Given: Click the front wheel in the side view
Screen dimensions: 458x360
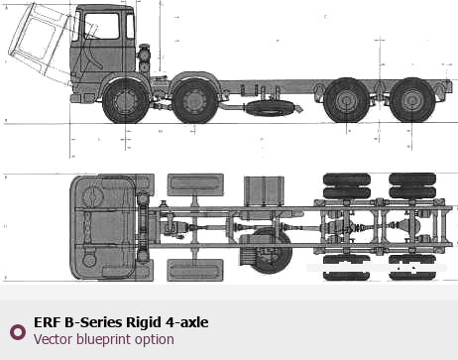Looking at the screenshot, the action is (126, 100).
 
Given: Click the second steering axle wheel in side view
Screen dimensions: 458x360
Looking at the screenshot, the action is (195, 100).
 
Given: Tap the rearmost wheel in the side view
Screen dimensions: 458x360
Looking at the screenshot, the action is (412, 100).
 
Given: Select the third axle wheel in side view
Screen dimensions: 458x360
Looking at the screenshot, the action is (346, 100).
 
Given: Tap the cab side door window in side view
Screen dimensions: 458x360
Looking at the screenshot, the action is (101, 26).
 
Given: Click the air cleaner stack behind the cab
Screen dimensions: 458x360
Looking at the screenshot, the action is (144, 59).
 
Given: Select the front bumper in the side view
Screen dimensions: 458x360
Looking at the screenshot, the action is (75, 98).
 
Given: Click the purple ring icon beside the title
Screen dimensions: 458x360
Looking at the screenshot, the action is (18, 332).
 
